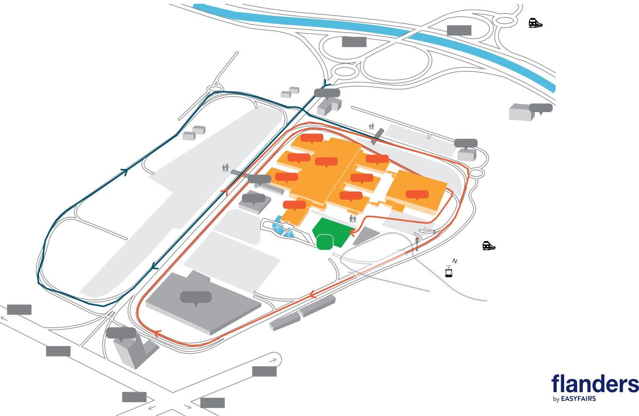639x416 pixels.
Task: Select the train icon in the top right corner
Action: (535, 23)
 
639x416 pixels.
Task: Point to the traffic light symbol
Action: (417, 243)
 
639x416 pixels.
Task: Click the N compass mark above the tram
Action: (455, 262)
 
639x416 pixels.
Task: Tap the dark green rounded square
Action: (325, 242)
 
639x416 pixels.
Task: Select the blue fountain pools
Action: (283, 228)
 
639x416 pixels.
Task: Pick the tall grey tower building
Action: (128, 352)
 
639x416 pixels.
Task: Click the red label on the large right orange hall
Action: (417, 195)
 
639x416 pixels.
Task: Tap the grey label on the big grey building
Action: (196, 297)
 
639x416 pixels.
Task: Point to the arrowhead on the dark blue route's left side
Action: (124, 171)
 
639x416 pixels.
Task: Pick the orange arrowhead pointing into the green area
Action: (351, 231)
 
